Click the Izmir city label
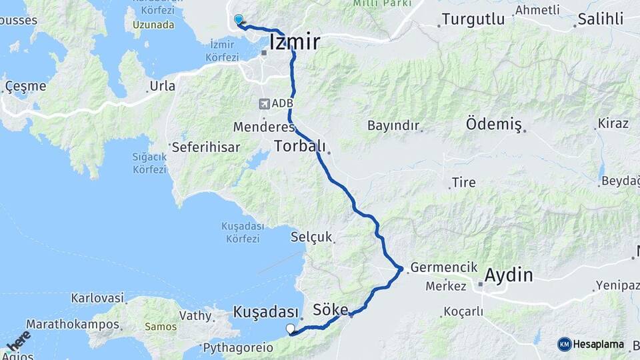[294, 43]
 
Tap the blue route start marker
[238, 20]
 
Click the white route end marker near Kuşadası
[290, 328]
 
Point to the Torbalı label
[299, 146]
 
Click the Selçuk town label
[311, 237]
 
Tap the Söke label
[331, 310]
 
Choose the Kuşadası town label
[265, 312]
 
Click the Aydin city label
[509, 275]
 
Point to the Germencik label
[444, 267]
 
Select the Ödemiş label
[493, 125]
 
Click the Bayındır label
[393, 125]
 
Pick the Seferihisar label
[206, 147]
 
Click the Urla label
[162, 86]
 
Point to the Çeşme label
[25, 86]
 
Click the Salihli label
[601, 19]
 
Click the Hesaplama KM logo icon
[565, 344]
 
